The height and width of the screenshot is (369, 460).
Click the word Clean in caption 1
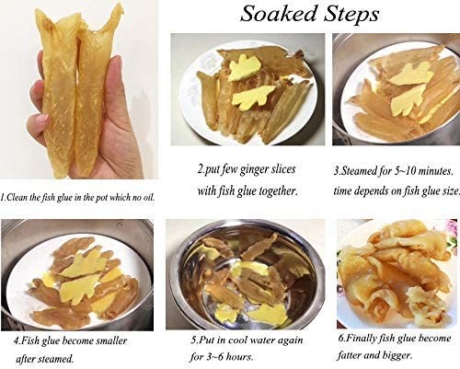[x=17, y=197]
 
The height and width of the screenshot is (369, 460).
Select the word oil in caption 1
[x=148, y=198]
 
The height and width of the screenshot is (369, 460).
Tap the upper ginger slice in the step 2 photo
[x=245, y=68]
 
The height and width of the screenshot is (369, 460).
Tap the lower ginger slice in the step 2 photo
[x=252, y=98]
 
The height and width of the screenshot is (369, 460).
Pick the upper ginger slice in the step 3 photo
[x=411, y=74]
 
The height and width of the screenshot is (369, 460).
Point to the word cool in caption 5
[x=243, y=340]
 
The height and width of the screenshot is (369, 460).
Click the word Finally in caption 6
[x=361, y=339]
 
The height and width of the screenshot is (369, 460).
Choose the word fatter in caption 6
[x=350, y=355]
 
